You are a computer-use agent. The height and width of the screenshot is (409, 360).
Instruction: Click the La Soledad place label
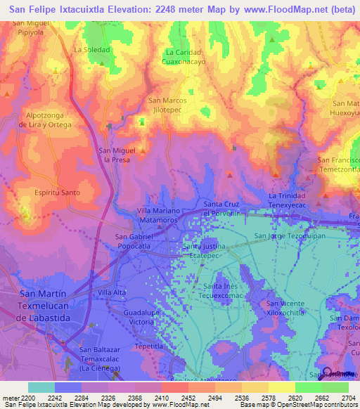[x=92, y=50]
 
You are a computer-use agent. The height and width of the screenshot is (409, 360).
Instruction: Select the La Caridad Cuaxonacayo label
[x=185, y=57]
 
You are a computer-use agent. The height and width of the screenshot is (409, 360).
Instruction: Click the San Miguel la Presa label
[x=117, y=155]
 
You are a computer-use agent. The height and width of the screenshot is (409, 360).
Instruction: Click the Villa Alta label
[x=112, y=292]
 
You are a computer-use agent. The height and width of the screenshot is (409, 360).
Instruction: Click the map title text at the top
[x=180, y=10]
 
